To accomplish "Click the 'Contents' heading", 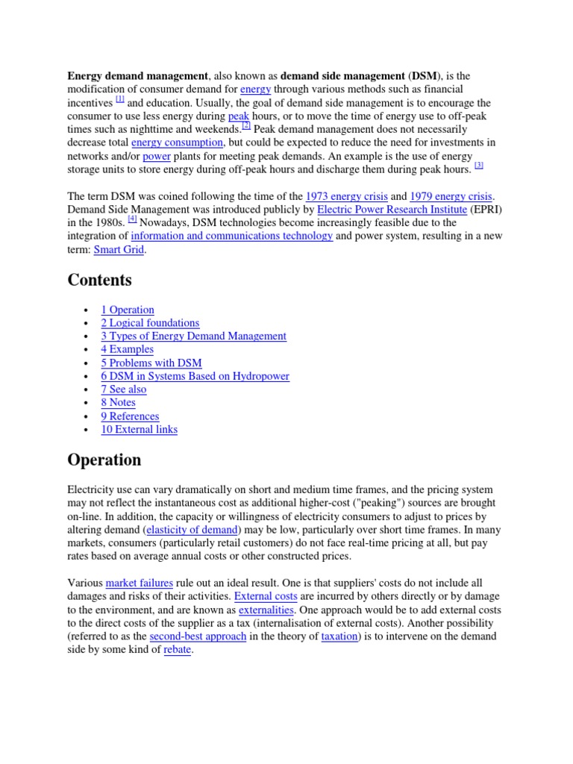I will click(99, 281).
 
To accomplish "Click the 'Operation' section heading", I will click(104, 460).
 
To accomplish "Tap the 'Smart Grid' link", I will click(119, 250).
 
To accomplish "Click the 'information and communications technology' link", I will click(232, 237).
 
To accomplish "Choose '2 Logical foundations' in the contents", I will click(150, 323).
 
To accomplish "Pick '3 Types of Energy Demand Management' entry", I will click(193, 336).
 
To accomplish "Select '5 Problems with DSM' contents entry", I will click(151, 363).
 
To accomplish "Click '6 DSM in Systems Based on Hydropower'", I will click(195, 376).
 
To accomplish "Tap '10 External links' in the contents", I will click(140, 430).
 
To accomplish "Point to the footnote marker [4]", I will click(132, 219).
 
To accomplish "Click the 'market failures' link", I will click(140, 583).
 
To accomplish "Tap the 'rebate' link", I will click(178, 650).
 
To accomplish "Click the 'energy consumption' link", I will click(177, 142).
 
